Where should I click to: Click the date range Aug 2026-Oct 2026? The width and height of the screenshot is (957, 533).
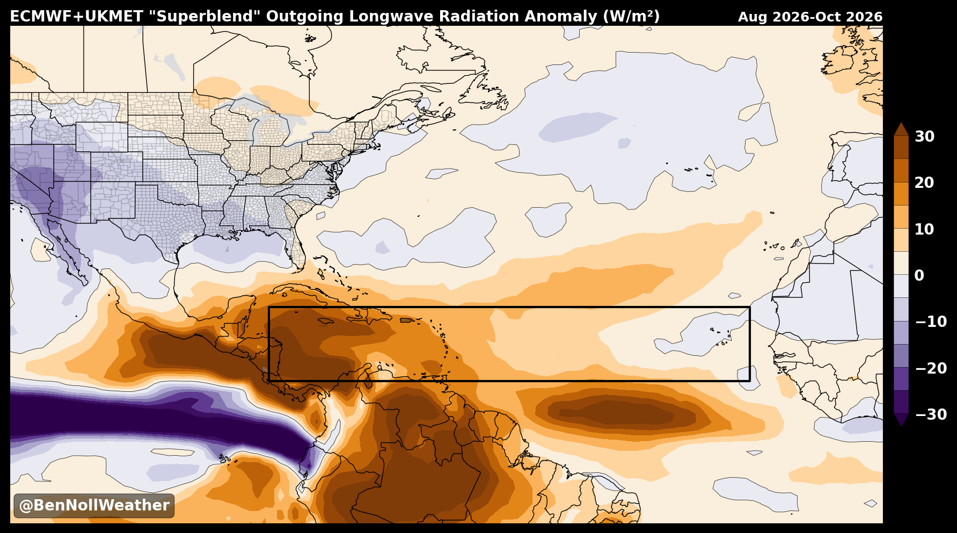click(810, 17)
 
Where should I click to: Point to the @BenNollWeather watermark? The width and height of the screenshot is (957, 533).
click(94, 506)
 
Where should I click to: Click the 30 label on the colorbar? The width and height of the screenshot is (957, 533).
click(924, 136)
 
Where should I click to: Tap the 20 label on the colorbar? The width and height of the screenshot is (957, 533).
click(924, 182)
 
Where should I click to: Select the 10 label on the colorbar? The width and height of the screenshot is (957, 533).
click(924, 229)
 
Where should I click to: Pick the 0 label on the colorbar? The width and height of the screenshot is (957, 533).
click(919, 275)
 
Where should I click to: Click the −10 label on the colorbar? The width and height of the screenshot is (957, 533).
click(931, 322)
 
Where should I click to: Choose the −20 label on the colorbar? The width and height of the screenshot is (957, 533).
click(931, 368)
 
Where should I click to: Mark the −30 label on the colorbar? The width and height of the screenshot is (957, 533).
click(931, 414)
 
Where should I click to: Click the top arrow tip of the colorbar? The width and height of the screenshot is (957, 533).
click(901, 123)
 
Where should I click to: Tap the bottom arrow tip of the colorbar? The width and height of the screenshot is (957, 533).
click(901, 426)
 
